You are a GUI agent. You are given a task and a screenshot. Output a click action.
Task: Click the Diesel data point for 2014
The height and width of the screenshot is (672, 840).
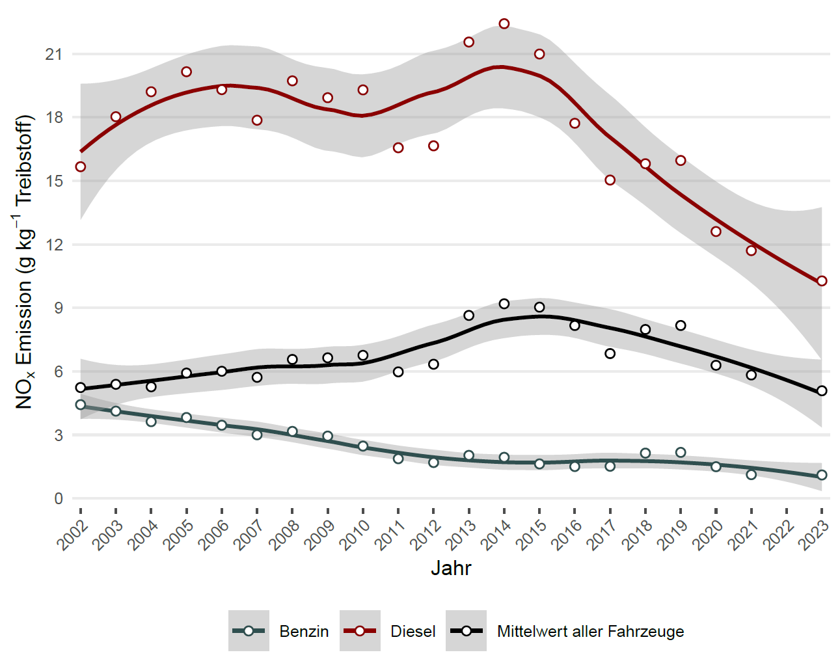504,24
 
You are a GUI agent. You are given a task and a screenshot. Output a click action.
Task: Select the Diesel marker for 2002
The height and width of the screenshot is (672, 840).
81,167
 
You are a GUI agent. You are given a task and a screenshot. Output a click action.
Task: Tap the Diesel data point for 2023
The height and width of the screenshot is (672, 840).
822,281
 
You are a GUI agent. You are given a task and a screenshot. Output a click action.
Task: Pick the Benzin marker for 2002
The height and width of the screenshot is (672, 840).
81,405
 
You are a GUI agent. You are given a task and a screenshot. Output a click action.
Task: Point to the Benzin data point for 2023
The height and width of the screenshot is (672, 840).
822,475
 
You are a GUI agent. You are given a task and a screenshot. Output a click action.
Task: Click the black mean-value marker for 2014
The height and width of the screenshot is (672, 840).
504,304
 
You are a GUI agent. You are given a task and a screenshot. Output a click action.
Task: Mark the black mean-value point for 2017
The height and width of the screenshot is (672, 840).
610,354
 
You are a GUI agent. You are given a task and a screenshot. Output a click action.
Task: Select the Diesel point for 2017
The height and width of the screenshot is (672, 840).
610,180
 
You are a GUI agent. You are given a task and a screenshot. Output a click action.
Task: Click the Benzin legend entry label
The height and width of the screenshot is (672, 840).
304,632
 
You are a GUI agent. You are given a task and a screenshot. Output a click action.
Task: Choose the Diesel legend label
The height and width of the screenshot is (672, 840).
413,632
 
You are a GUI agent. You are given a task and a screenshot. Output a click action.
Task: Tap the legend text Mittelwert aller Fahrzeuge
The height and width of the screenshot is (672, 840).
590,632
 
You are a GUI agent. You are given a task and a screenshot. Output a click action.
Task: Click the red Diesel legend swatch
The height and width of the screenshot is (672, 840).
360,631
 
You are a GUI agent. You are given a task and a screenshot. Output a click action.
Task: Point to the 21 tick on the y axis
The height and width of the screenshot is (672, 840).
54,55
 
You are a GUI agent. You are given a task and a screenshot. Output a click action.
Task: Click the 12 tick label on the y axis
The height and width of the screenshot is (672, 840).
54,245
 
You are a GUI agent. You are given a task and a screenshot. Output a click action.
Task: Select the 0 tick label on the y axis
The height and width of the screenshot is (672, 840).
59,499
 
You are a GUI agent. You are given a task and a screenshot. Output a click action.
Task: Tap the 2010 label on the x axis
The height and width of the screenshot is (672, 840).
355,535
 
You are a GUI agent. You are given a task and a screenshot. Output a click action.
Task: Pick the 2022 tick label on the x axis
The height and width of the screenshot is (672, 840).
779,535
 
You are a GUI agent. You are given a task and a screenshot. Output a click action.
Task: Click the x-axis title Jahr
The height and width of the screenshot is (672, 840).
451,569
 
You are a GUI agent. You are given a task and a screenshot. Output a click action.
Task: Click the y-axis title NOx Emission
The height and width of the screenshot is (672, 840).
24,262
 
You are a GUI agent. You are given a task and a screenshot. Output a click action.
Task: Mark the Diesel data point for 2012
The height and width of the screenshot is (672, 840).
434,146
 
